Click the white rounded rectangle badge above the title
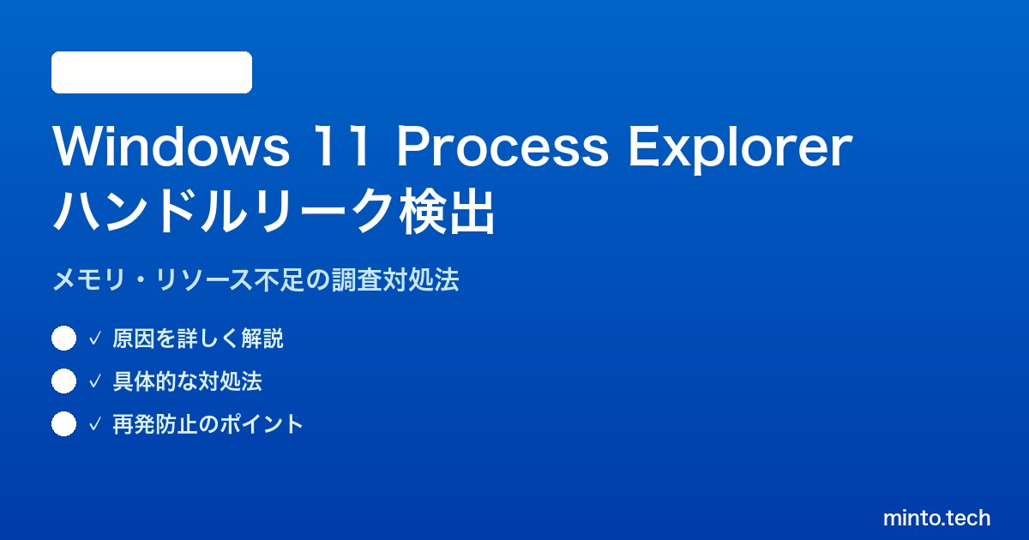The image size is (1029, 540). (x=152, y=73)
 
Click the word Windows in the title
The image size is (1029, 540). (x=171, y=146)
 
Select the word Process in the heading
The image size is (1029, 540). (x=502, y=146)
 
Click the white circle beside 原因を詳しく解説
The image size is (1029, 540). (x=63, y=339)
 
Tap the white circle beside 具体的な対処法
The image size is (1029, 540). (x=63, y=381)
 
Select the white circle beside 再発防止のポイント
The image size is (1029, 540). (x=63, y=423)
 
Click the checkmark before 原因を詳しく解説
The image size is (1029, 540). (x=94, y=339)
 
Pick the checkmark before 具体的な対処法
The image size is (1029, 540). (x=94, y=381)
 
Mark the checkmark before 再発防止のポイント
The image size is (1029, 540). (x=94, y=424)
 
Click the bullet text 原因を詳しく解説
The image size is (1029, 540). (x=198, y=339)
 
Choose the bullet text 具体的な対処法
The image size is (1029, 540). (x=188, y=381)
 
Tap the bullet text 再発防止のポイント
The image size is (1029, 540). (x=208, y=423)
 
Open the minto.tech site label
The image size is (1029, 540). (x=936, y=518)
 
